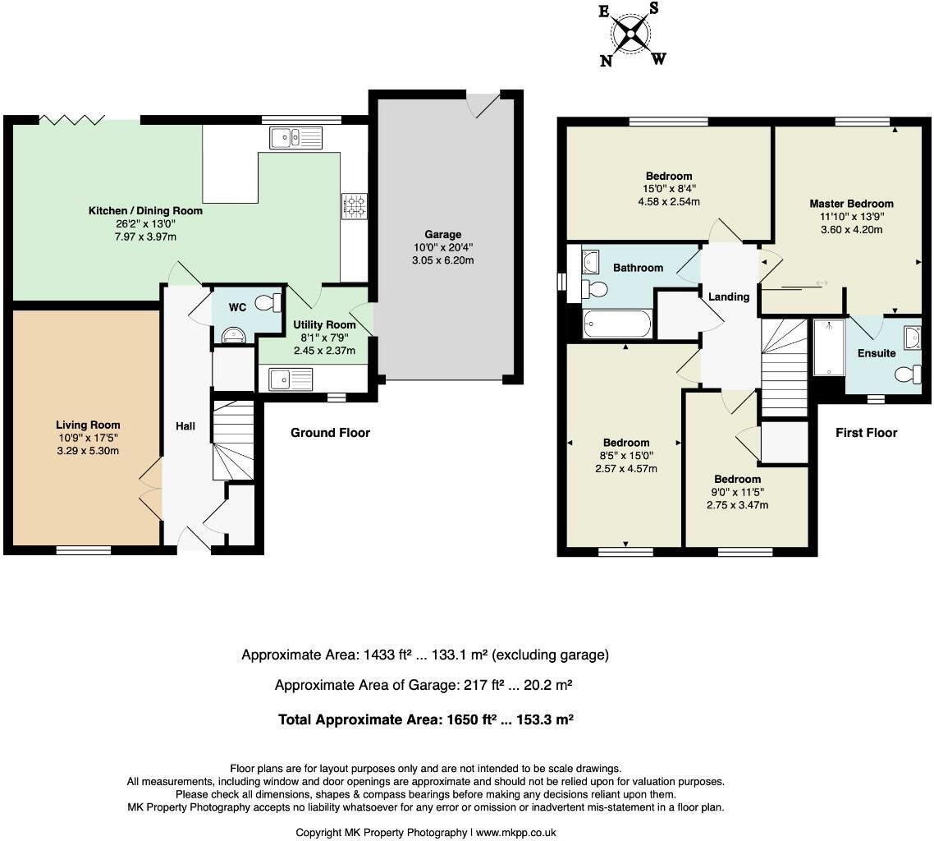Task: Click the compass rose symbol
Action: coord(632,34)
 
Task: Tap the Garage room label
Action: coord(442,234)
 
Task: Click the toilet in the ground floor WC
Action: coord(268,303)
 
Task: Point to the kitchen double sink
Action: coord(296,138)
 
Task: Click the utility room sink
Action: coord(290,379)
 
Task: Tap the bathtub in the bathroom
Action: coord(617,324)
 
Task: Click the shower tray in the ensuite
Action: coord(829,348)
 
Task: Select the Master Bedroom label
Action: coord(851,203)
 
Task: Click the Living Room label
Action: coord(88,425)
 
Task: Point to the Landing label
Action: coord(729,296)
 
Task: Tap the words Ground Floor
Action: coord(330,433)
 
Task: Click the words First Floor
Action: coord(866,433)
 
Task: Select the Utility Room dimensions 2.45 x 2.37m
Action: coord(324,351)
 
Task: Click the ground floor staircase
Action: coord(233,440)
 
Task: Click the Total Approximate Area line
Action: coord(425,719)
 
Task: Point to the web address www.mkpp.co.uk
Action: coord(516,833)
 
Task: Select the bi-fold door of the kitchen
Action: coord(72,121)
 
